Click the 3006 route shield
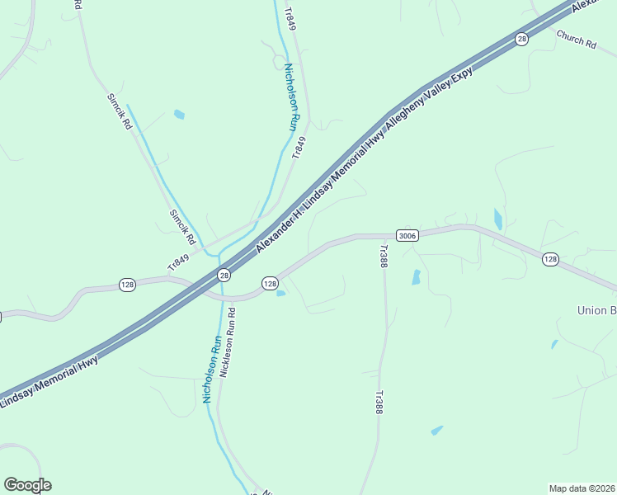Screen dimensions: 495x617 407,235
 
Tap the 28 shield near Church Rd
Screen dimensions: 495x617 521,40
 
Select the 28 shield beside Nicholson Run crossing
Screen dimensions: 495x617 224,274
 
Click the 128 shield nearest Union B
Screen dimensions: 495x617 550,259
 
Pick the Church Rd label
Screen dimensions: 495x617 576,39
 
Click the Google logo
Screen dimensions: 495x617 27,485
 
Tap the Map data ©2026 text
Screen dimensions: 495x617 582,488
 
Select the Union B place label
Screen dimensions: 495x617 596,310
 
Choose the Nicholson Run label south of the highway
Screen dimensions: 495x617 212,369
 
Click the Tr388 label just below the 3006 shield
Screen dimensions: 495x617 383,257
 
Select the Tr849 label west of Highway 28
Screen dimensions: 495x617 178,263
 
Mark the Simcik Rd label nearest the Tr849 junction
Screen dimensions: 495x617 182,227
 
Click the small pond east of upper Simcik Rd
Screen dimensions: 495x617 179,115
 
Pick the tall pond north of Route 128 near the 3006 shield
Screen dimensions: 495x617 498,219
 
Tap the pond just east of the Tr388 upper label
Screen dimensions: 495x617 416,277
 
